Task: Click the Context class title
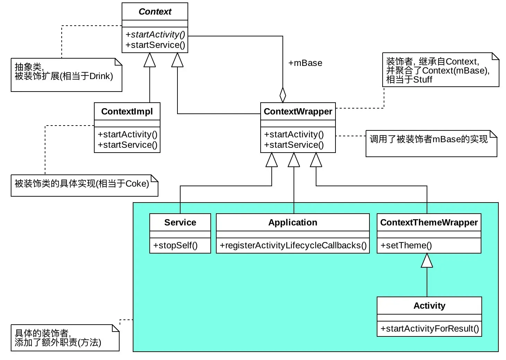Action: pyautogui.click(x=155, y=11)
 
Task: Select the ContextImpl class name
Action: pyautogui.click(x=127, y=111)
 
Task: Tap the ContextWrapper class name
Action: pyautogui.click(x=298, y=111)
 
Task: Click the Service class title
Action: pyautogui.click(x=180, y=222)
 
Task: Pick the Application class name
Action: pyautogui.click(x=293, y=222)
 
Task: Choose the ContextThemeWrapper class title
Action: pyautogui.click(x=429, y=222)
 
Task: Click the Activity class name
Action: pyautogui.click(x=429, y=306)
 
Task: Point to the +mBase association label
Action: pyautogui.click(x=305, y=63)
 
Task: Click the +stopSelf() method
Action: pyautogui.click(x=175, y=245)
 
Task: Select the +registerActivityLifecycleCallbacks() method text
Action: pyautogui.click(x=293, y=245)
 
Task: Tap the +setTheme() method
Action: pyautogui.click(x=406, y=245)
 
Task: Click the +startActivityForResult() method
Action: pyautogui.click(x=429, y=328)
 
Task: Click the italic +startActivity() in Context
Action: pyautogui.click(x=155, y=34)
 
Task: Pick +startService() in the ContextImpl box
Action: pyautogui.click(x=127, y=145)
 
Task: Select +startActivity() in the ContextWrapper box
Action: pyautogui.click(x=294, y=134)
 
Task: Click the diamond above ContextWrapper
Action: pyautogui.click(x=283, y=95)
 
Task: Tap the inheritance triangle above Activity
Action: pyautogui.click(x=427, y=261)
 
